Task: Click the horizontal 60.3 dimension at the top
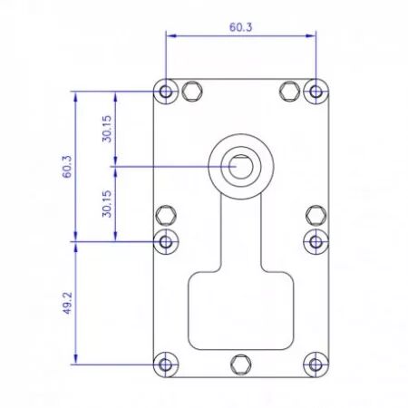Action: [240, 27]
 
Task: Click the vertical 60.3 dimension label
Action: [67, 167]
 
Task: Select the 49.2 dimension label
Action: [67, 303]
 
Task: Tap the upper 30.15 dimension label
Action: [107, 129]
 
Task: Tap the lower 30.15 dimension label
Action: [107, 204]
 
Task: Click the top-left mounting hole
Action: [166, 92]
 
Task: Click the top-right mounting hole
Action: [316, 92]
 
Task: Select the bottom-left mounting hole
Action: [166, 364]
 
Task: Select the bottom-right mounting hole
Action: [316, 364]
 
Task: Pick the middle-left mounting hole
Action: [166, 241]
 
